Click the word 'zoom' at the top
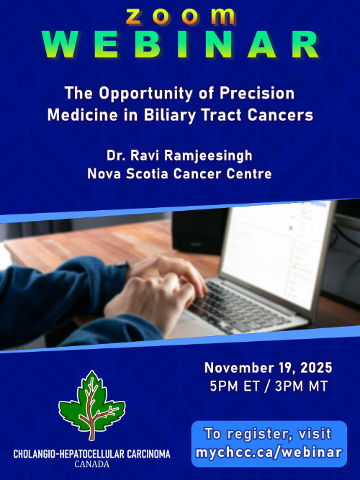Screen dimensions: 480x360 [x=179, y=14]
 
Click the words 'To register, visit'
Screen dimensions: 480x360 [x=268, y=434]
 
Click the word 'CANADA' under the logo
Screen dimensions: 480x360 [x=91, y=465]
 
